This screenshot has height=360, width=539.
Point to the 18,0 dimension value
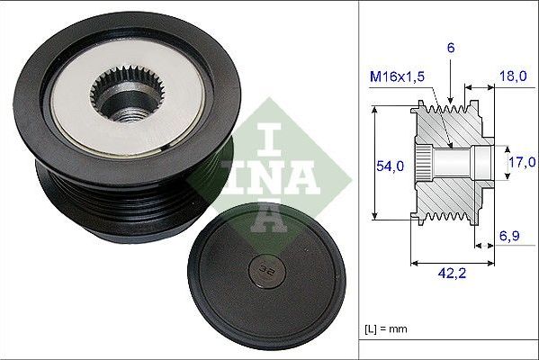click(512, 76)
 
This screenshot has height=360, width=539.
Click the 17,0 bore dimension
click(521, 162)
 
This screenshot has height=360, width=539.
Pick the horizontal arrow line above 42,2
click(450, 263)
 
